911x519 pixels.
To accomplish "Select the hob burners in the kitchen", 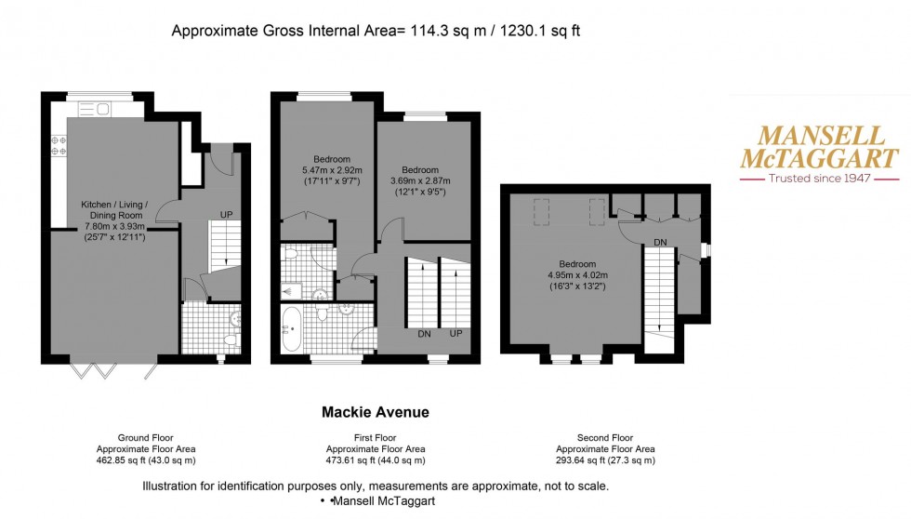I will [x=58, y=145].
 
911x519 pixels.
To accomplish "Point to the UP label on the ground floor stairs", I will [x=225, y=215].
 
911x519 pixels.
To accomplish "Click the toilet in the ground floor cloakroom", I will [x=231, y=339].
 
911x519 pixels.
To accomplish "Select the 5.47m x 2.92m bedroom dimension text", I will [x=332, y=169].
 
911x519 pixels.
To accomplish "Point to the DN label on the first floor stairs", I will [x=424, y=333].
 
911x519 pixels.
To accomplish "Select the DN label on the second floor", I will [x=661, y=242].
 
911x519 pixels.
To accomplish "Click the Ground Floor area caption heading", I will [x=146, y=437].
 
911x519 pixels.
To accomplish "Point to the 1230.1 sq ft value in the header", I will [x=541, y=32].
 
